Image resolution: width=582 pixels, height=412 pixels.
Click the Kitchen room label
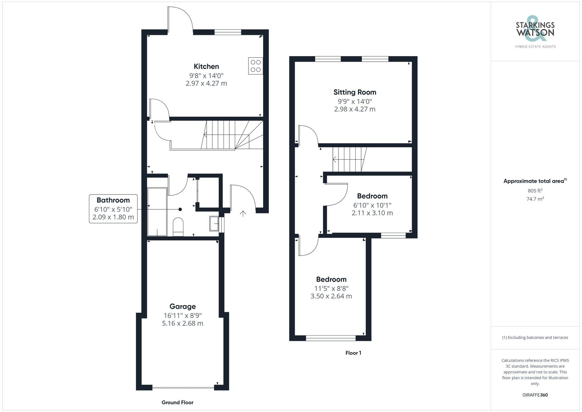(206, 66)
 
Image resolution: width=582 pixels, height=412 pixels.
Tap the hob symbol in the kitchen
(255, 66)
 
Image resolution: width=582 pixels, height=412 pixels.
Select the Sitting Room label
(354, 92)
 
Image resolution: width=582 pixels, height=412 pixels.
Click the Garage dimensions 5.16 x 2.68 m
(182, 323)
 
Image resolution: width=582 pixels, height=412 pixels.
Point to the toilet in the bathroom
(178, 227)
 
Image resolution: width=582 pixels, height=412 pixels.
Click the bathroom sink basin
(214, 224)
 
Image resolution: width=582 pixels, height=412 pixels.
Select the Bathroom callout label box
(113, 208)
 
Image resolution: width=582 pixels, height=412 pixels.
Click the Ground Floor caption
(177, 402)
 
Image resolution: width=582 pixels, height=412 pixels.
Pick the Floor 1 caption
(353, 353)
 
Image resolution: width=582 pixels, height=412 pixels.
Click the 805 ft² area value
(535, 191)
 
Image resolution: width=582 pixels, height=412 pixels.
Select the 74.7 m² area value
(535, 199)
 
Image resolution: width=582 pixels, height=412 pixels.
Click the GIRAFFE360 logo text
(535, 395)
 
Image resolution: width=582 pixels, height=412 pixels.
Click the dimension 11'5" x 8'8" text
(331, 288)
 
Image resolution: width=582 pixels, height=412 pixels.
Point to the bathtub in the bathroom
(157, 212)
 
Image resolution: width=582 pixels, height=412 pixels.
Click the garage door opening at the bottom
(183, 387)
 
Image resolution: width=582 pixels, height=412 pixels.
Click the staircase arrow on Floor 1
(335, 160)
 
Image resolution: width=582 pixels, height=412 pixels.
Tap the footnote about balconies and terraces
(535, 337)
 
